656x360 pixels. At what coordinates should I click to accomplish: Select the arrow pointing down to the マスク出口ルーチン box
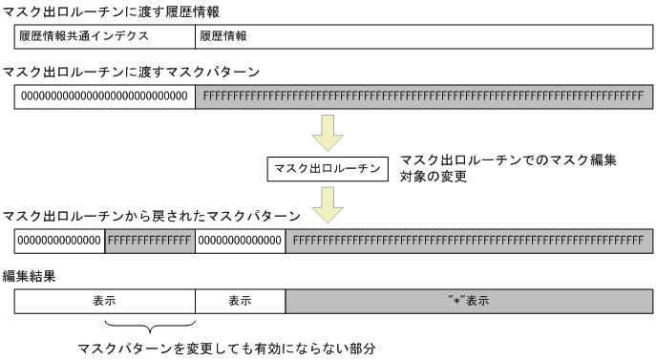(328, 133)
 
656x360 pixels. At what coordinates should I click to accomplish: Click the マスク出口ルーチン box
(328, 169)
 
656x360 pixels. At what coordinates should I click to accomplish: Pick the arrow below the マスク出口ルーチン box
(328, 202)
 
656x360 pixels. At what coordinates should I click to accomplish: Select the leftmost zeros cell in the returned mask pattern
(59, 241)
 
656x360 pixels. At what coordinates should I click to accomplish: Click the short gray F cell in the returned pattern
(150, 241)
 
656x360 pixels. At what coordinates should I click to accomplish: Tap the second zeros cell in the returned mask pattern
(240, 241)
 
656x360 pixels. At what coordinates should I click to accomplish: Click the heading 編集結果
(30, 277)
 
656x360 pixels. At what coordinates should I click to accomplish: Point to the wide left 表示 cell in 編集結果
(104, 301)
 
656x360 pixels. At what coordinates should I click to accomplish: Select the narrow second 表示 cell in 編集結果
(240, 301)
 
